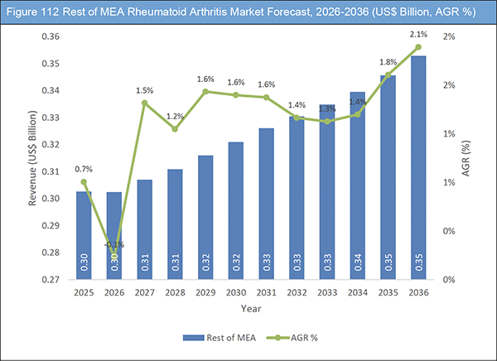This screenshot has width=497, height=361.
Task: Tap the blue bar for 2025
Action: (x=84, y=235)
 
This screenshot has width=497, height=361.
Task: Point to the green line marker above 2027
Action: (x=145, y=103)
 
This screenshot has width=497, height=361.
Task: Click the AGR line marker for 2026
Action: (x=114, y=258)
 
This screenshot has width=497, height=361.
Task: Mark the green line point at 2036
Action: (x=419, y=47)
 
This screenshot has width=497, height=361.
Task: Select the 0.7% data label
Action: (x=84, y=169)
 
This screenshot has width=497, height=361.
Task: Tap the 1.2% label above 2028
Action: (x=176, y=117)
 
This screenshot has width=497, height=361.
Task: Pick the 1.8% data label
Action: (x=387, y=62)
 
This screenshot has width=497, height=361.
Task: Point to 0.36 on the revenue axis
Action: (x=51, y=37)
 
